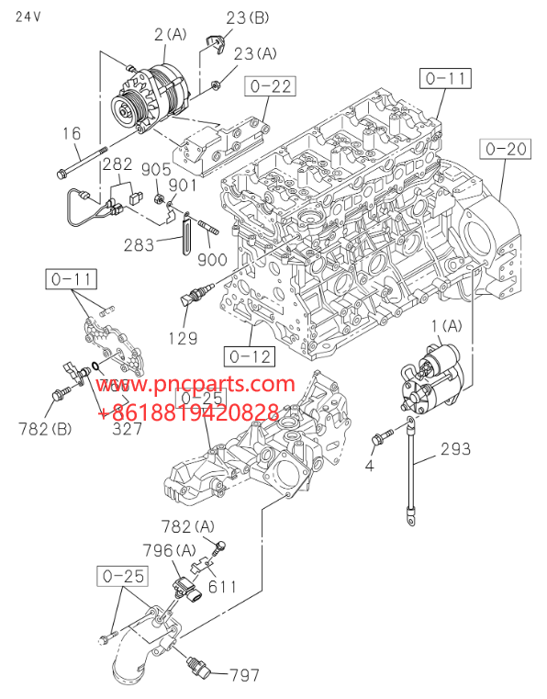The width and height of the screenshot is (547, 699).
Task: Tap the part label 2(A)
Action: click(170, 34)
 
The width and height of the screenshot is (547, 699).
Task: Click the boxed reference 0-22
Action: click(269, 87)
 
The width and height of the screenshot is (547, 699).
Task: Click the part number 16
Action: click(72, 134)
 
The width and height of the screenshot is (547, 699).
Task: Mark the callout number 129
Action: click(183, 339)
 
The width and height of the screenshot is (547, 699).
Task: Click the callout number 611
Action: click(221, 585)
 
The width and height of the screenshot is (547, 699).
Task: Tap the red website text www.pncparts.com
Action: click(196, 384)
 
